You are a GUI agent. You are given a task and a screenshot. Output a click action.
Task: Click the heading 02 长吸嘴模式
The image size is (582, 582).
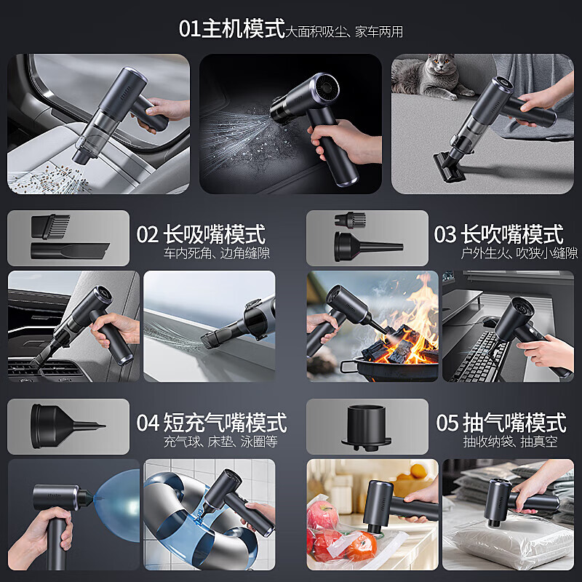click(x=201, y=234)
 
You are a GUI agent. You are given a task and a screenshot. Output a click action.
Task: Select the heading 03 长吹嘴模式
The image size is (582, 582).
click(x=498, y=234)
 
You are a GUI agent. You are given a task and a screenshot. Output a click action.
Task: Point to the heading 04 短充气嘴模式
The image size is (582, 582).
click(x=211, y=423)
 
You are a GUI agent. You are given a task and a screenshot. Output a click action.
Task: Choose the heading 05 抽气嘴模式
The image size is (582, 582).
click(x=501, y=423)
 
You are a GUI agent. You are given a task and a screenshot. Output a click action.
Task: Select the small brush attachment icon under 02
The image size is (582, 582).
click(x=52, y=226)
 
